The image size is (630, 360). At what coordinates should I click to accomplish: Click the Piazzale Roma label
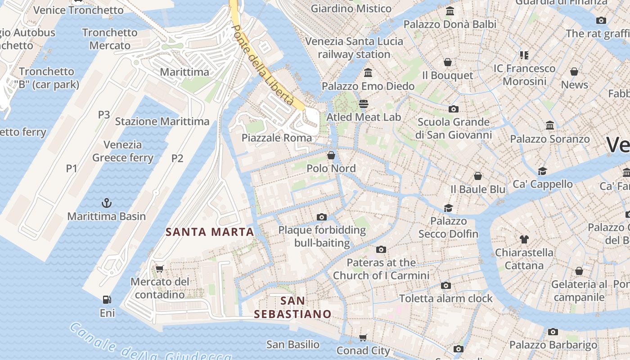coord(277,138)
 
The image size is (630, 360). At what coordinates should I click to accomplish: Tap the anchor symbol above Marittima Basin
coord(107,203)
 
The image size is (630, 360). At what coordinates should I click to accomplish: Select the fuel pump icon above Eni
coord(107,300)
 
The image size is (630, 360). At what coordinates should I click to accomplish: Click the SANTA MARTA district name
coord(210,232)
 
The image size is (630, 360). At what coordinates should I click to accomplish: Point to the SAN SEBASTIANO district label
coord(292,307)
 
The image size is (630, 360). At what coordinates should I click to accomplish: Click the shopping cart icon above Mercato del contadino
coord(159,269)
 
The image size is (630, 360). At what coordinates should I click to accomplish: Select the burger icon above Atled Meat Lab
coord(364,104)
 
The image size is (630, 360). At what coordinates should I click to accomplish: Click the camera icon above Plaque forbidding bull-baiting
coord(321,217)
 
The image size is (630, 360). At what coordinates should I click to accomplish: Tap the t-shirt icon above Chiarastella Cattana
coord(524,239)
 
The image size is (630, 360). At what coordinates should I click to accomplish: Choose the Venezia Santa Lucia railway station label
coord(354,48)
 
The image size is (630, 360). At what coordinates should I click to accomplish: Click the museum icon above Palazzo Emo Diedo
coord(368,73)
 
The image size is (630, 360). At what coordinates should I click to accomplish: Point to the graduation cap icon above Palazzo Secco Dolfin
coord(448,208)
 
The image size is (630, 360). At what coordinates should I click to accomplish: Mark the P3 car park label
coord(104,115)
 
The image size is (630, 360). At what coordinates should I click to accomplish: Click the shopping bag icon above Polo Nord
coord(331,156)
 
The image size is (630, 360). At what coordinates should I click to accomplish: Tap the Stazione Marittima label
coord(162,121)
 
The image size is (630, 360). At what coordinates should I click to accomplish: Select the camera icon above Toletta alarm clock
coord(446,286)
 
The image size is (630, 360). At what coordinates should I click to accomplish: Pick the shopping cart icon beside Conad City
coord(363,337)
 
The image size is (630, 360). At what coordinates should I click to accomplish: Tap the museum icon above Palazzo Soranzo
coord(549,126)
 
